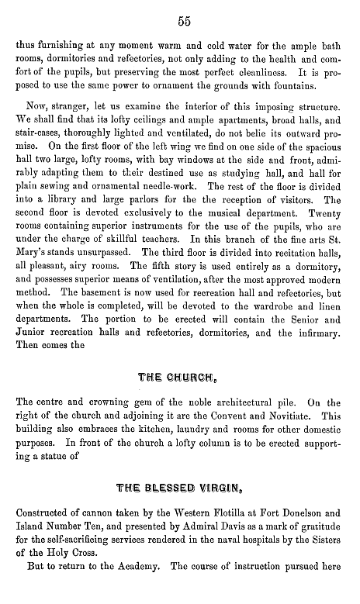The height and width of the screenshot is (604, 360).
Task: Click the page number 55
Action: (184, 18)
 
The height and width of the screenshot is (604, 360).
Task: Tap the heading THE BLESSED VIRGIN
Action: (184, 488)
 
